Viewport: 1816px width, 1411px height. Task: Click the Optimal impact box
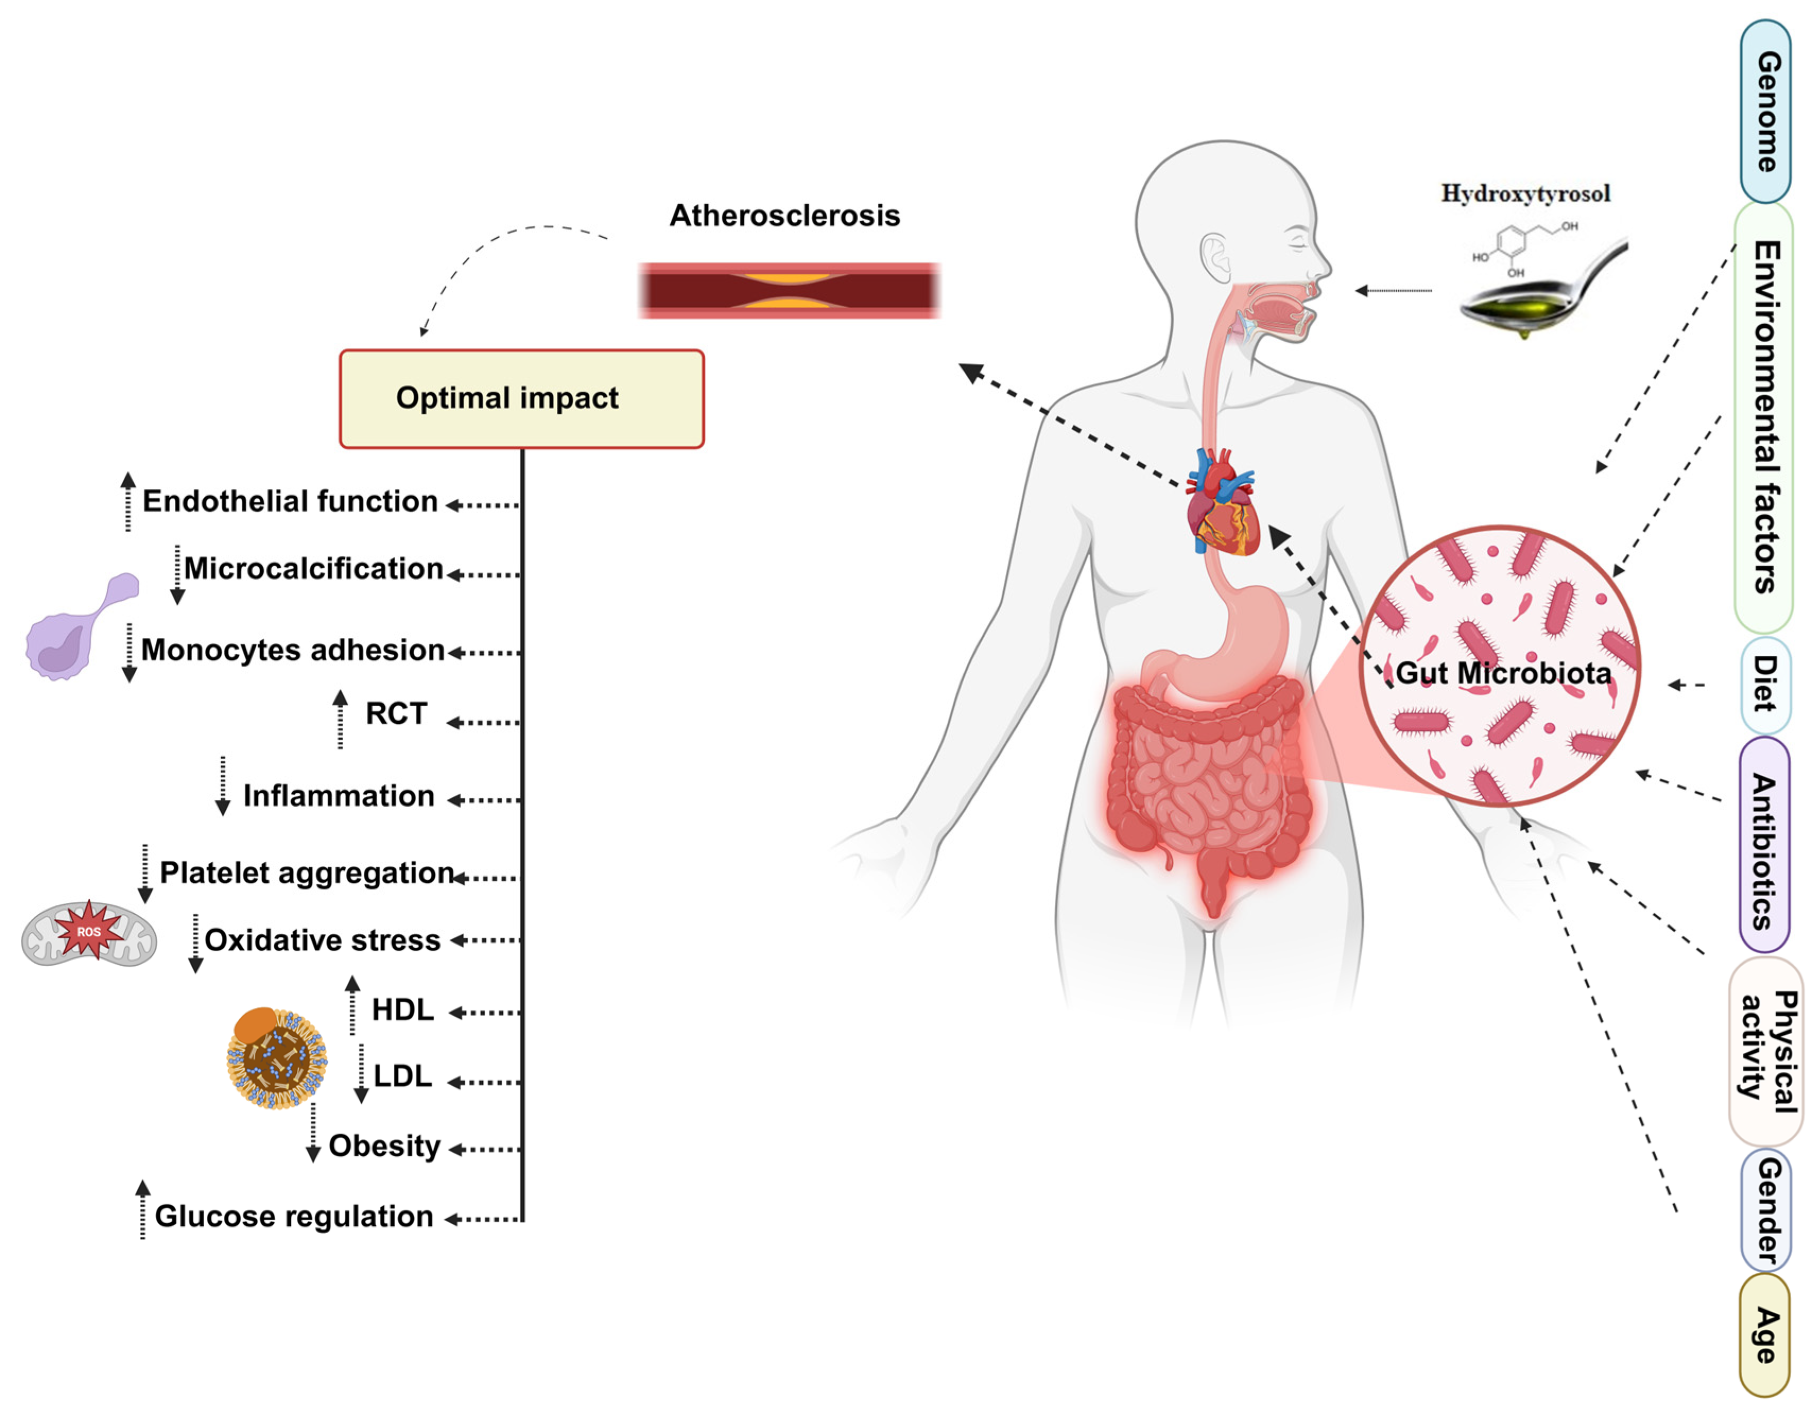click(x=521, y=399)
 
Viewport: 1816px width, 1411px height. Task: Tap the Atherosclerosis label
click(x=784, y=215)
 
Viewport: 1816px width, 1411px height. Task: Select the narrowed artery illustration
click(x=788, y=291)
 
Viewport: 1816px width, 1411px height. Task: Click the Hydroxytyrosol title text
click(x=1525, y=194)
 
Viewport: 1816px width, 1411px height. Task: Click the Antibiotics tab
click(x=1763, y=844)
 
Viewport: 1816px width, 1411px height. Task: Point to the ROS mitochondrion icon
click(x=89, y=933)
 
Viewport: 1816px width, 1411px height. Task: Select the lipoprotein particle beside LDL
click(x=277, y=1058)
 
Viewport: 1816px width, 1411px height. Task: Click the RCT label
click(x=396, y=713)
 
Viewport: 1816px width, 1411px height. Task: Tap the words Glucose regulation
click(x=293, y=1216)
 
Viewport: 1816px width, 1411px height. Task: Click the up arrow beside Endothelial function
click(x=128, y=501)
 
